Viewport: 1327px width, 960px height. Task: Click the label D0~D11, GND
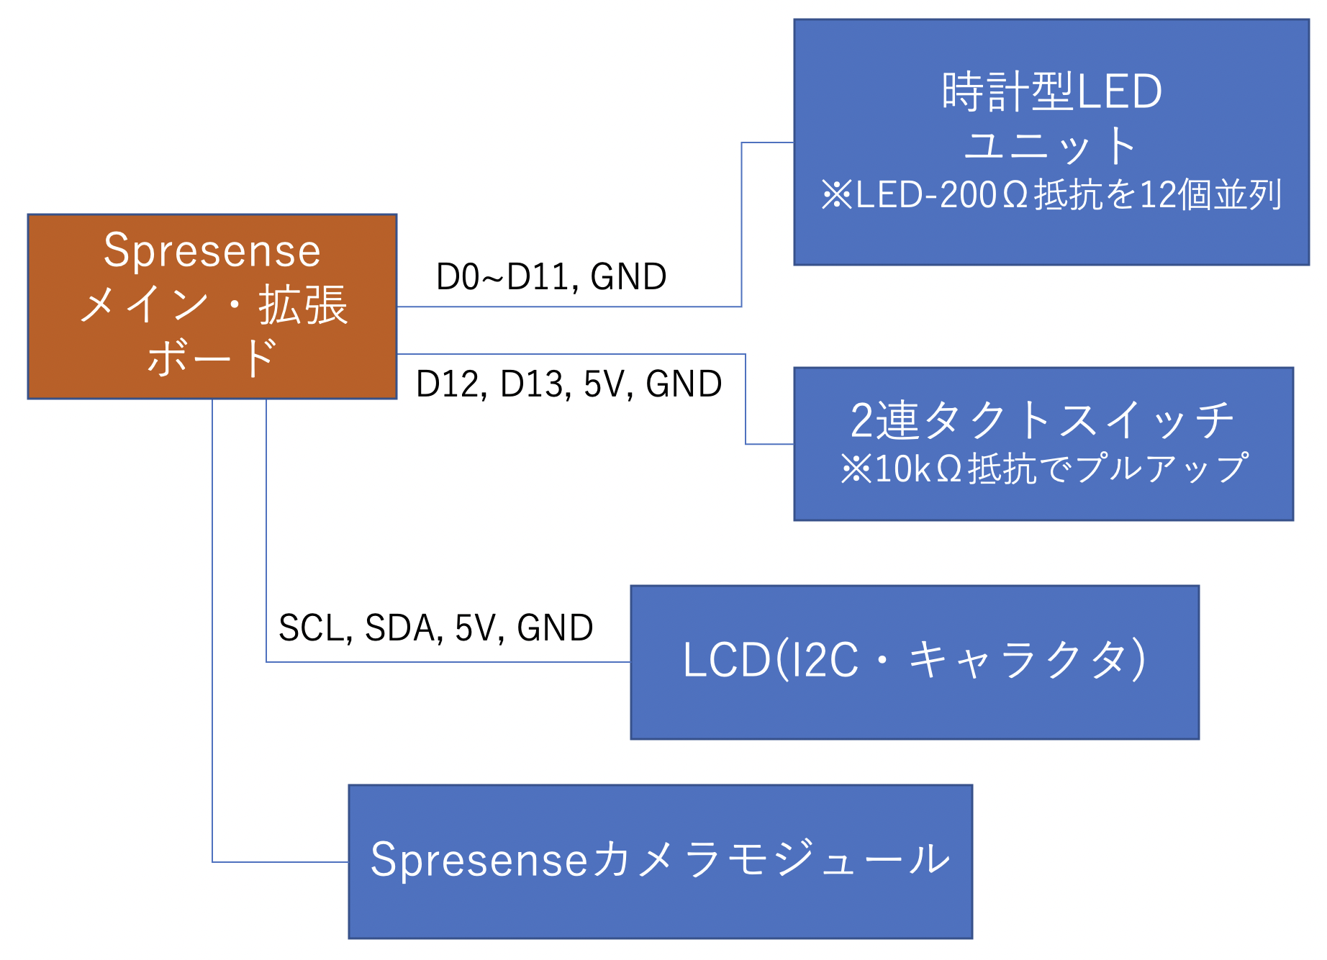(x=551, y=277)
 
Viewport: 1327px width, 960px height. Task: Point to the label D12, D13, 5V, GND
(x=569, y=384)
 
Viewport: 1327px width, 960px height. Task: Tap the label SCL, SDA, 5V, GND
(x=435, y=628)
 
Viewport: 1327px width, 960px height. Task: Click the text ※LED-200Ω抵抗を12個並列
(x=1051, y=195)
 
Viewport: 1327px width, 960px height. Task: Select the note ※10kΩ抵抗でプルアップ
(x=1043, y=468)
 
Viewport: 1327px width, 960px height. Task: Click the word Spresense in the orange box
(x=212, y=250)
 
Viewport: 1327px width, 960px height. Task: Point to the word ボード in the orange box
(x=212, y=358)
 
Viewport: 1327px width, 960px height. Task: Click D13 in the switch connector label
(x=532, y=384)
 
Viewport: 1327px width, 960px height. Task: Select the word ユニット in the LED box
(x=1051, y=145)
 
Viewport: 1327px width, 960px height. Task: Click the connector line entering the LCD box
(x=446, y=661)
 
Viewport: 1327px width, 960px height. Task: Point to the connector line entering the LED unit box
(x=767, y=142)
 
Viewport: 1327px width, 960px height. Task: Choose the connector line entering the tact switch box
(x=769, y=444)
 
